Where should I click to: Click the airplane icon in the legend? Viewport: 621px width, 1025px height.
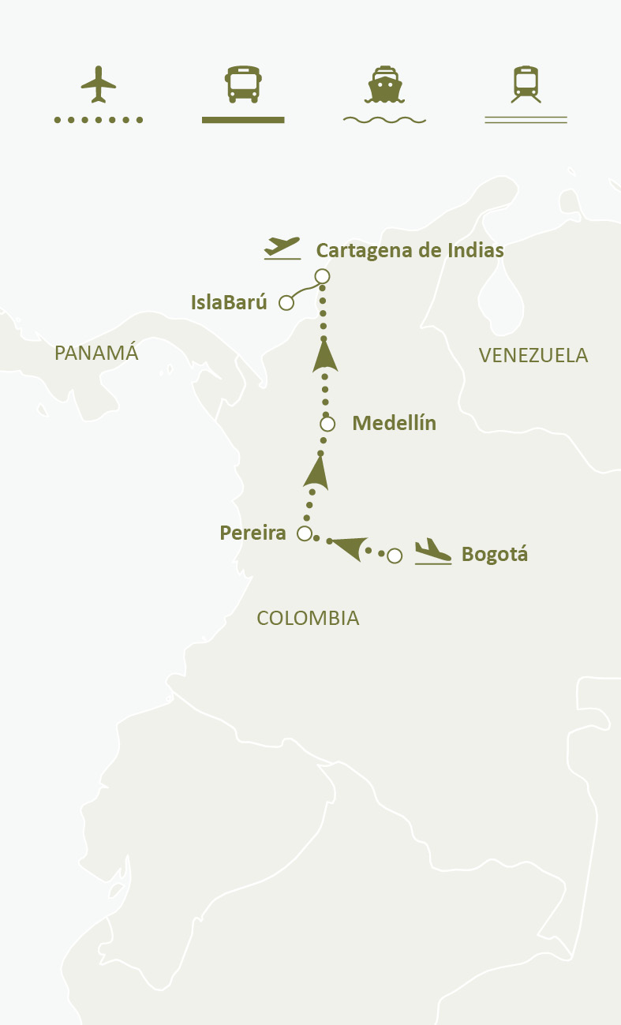point(98,84)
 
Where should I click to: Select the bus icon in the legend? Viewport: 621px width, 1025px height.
point(242,84)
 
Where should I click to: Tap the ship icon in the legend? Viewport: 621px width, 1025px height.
point(384,84)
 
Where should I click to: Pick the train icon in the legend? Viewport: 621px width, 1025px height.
point(526,84)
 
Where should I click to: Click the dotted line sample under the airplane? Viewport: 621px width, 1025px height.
point(98,120)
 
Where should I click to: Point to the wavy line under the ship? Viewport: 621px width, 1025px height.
point(384,121)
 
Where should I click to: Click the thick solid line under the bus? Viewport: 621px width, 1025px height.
point(242,120)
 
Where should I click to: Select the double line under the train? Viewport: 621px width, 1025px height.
point(526,120)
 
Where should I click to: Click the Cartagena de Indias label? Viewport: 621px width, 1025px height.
point(410,251)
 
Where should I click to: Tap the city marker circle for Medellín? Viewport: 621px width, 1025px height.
point(327,424)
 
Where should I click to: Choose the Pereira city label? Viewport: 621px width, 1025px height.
point(253,533)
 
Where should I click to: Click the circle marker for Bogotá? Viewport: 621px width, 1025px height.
point(395,556)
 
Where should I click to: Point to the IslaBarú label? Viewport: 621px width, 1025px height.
point(229,302)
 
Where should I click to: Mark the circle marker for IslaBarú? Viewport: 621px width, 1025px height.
point(286,303)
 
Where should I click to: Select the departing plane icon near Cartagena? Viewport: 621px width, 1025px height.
point(282,247)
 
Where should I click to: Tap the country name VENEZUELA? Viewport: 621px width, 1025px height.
point(533,355)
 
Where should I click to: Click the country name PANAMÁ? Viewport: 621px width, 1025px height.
point(96,353)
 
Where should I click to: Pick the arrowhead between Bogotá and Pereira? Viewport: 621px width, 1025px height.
point(348,546)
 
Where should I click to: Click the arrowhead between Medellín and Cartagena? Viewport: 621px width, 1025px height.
point(324,355)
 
